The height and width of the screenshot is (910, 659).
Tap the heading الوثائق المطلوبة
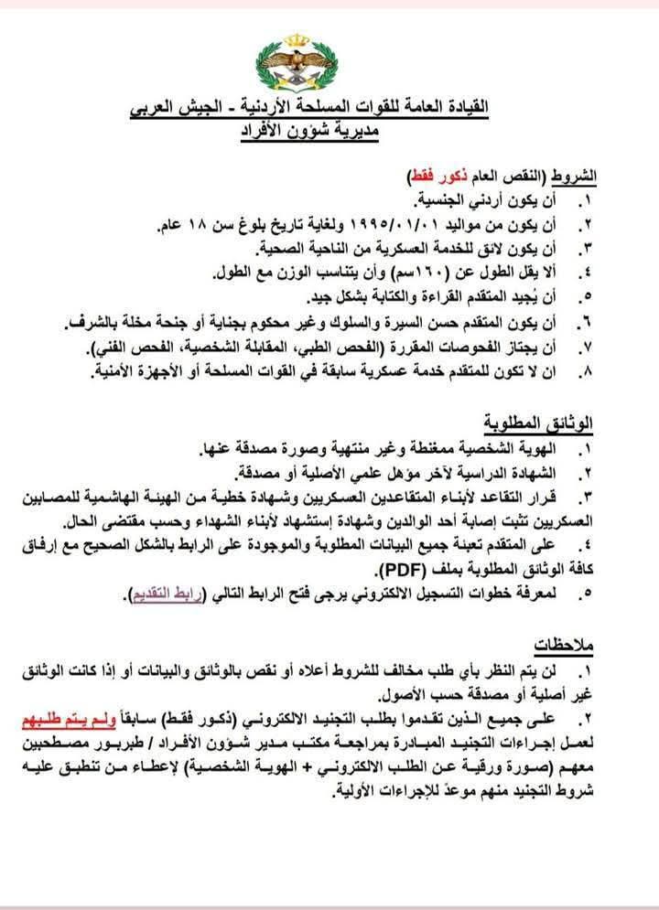point(539,423)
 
